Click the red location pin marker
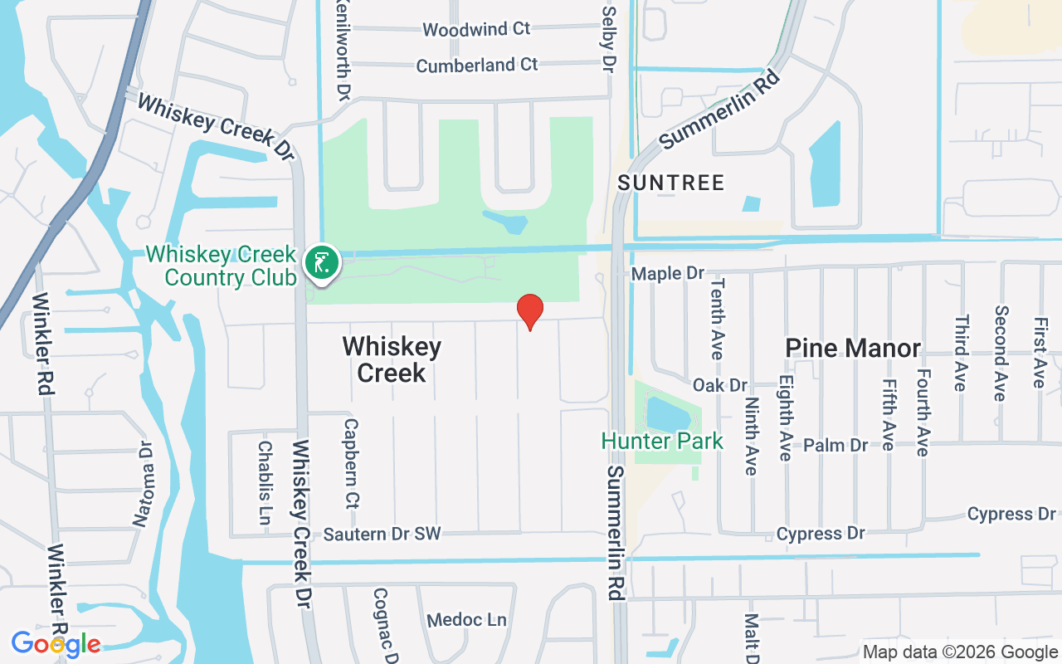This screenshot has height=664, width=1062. pos(530,310)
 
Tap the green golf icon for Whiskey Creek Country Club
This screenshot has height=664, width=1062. pos(321,262)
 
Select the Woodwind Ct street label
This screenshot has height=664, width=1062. pos(476,29)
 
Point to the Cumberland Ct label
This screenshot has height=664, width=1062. pos(477,65)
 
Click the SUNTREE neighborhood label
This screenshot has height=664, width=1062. pos(671,183)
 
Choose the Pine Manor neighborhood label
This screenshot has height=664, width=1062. pos(853,348)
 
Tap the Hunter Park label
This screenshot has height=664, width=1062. pos(662,441)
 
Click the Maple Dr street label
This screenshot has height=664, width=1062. pos(667,273)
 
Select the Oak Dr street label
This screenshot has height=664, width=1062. pos(720,385)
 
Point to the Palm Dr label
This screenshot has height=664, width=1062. pos(835,445)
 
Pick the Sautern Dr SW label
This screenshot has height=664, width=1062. pos(382,534)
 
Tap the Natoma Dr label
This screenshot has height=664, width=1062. pos(144,484)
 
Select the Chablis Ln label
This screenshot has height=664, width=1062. pos(265,482)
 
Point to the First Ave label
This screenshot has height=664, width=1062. pos(1039,352)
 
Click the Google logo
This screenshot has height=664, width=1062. pos(56,643)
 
